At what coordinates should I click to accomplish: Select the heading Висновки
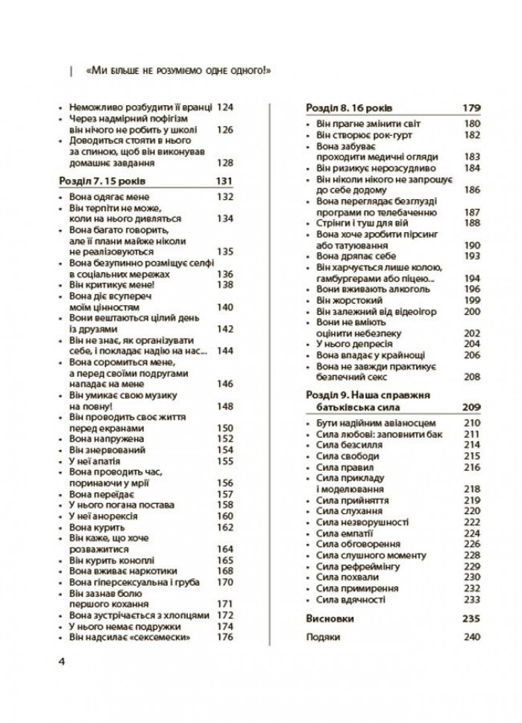[330, 619]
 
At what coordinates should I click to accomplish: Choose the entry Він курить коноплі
[111, 560]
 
